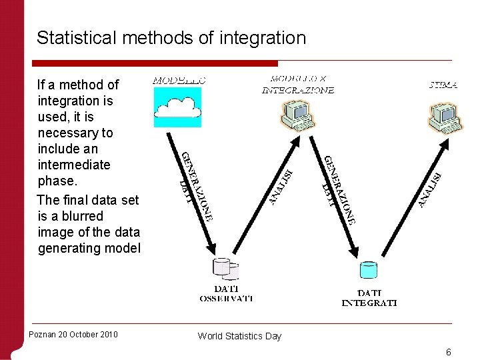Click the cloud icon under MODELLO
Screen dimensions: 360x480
click(x=177, y=107)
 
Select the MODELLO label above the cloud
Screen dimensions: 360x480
click(x=179, y=79)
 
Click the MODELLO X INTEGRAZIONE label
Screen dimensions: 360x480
click(x=297, y=85)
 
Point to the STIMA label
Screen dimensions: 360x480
click(x=443, y=85)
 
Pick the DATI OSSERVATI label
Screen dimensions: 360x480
click(x=226, y=293)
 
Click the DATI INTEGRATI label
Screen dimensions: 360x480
click(x=369, y=297)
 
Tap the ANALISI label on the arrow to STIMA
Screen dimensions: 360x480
click(x=431, y=189)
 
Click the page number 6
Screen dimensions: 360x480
click(x=449, y=351)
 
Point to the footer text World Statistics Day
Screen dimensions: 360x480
click(x=239, y=336)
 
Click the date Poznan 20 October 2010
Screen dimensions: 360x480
click(x=73, y=334)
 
